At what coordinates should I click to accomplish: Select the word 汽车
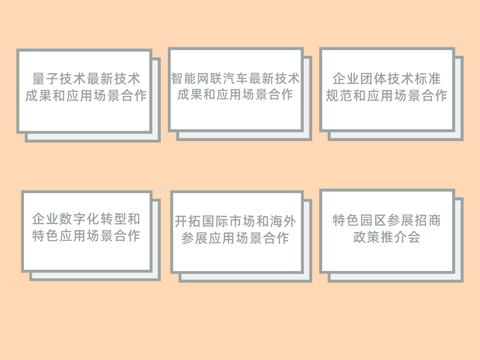point(235,78)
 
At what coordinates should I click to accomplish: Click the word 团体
point(374,78)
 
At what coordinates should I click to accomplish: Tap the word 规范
point(339,96)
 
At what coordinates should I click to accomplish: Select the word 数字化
point(80,219)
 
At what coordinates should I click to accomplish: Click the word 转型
point(113,219)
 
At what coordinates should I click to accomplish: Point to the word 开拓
point(187,221)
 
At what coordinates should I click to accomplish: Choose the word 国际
point(215,221)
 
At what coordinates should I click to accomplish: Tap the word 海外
point(283,221)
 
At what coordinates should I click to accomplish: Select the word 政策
point(367,237)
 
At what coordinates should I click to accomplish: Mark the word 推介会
point(401,237)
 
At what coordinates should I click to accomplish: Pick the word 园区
point(374,220)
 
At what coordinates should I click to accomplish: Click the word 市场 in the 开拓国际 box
point(242,221)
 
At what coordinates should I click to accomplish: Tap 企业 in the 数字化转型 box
point(45,219)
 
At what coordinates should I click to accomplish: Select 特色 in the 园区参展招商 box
point(346,220)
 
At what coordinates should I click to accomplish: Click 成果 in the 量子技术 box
point(38,96)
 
